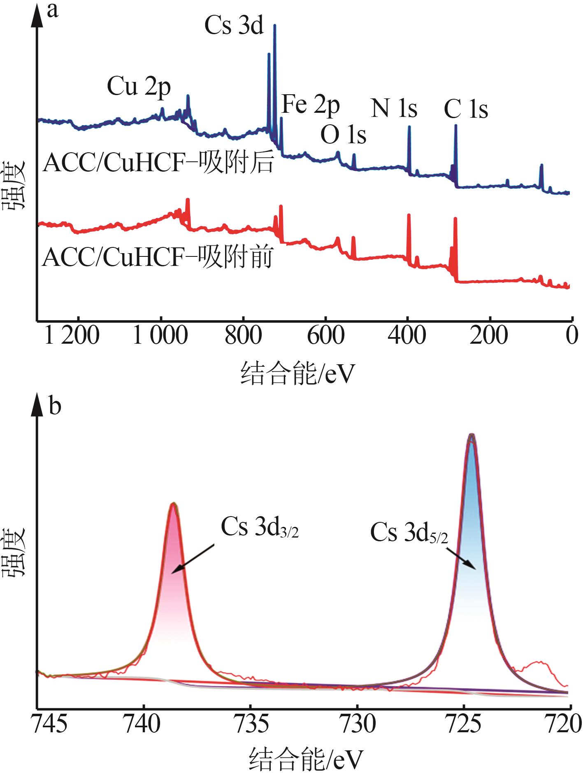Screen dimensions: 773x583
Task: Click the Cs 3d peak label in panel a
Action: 234,26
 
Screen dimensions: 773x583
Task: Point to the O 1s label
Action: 343,135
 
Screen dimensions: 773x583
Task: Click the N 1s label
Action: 394,108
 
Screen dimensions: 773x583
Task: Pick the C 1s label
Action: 466,110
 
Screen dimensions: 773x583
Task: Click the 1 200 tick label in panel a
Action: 72,336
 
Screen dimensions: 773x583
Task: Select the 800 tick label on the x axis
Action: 243,336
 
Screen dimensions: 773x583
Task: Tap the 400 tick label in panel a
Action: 407,336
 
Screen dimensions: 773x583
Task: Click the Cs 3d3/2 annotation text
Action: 260,527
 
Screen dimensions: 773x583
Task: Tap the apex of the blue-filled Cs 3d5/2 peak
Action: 472,435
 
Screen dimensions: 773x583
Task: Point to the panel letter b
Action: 55,406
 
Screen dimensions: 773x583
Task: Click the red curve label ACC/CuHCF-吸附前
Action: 158,258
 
